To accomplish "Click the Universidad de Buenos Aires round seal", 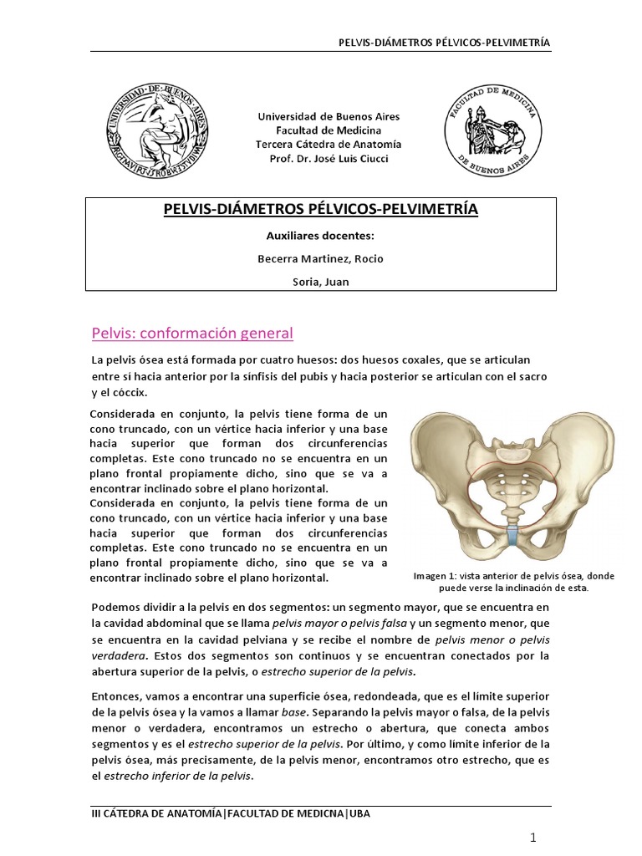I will pos(156,133).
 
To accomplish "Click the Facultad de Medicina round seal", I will pos(492,127).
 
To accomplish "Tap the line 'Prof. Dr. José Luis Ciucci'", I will pos(322,159).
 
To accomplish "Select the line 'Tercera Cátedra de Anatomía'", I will pos(322,145).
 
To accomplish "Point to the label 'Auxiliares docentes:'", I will pos(321,237).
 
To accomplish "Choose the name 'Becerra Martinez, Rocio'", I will pos(321,258).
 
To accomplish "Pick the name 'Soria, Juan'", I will pos(321,282).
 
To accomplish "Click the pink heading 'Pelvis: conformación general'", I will pos(191,334).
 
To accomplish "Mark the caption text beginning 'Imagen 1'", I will pos(502,582).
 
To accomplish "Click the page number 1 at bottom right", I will pos(532,838).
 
